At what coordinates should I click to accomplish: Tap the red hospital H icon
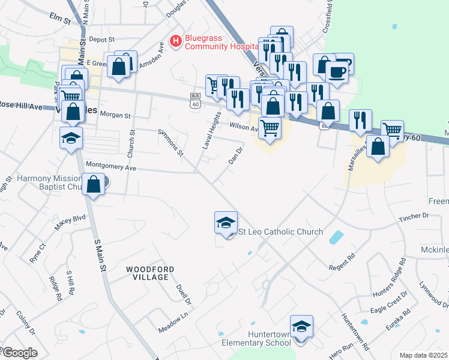click(176, 41)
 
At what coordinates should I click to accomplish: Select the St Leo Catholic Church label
click(281, 232)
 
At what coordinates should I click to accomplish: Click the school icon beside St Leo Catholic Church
click(226, 223)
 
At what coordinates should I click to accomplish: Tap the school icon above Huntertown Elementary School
click(301, 327)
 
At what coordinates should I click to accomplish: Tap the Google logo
click(20, 353)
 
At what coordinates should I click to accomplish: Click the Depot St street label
click(101, 39)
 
